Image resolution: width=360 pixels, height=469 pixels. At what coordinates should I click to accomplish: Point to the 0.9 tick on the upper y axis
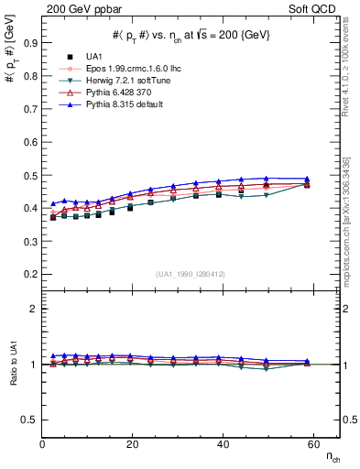tap(30, 42)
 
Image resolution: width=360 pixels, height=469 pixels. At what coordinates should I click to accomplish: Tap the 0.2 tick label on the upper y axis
tap(30, 274)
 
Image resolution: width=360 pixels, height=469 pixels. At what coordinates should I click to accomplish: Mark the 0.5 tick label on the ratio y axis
tap(30, 420)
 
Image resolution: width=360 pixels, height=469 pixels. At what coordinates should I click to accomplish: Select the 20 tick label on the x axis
tap(132, 445)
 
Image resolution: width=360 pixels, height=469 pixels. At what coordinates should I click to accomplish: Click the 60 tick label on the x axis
tap(311, 445)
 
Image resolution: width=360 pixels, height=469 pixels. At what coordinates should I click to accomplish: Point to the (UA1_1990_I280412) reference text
tap(191, 274)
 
